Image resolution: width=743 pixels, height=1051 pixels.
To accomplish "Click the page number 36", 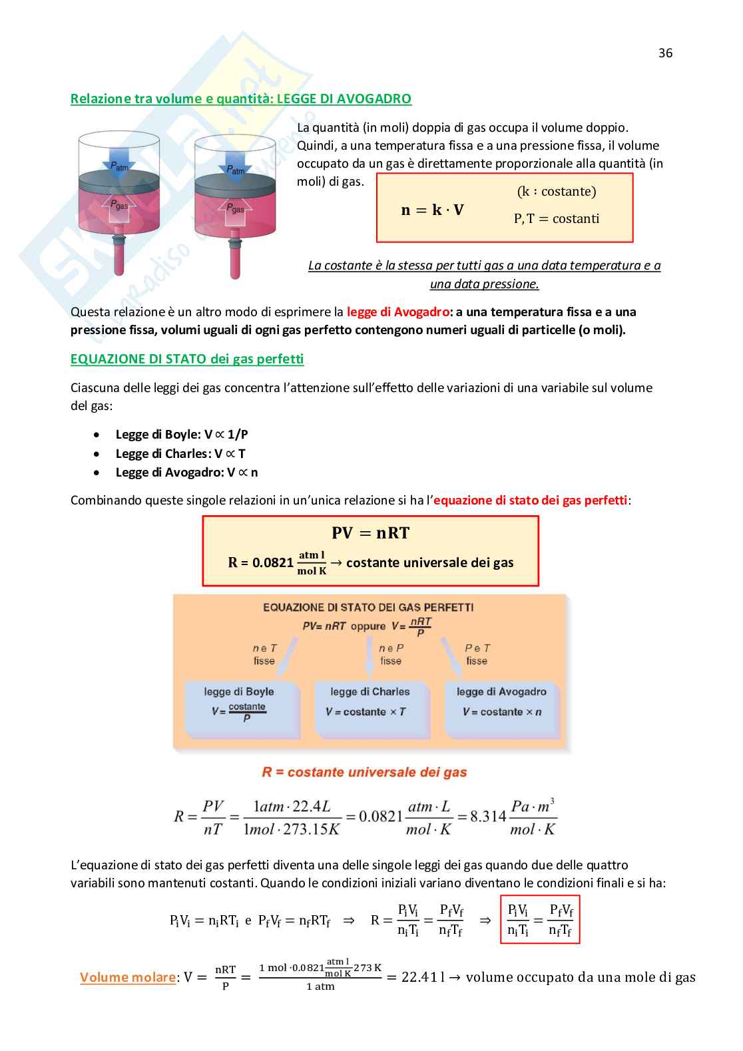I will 665,53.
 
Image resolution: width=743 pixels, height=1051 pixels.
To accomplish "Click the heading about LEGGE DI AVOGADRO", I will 241,99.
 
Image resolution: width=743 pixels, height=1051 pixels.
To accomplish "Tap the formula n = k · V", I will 432,210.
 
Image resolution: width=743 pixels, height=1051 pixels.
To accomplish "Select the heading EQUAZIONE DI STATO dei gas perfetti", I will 187,359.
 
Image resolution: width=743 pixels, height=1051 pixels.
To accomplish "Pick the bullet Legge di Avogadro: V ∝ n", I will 186,472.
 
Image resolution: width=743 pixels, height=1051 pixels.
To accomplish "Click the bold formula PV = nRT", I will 371,532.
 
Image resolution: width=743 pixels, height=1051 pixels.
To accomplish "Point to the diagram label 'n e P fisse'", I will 391,654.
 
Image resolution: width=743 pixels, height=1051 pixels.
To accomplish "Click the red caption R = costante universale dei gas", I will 364,772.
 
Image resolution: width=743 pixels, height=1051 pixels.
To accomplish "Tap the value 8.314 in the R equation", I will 488,817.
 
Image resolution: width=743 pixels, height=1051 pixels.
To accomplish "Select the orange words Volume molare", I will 128,977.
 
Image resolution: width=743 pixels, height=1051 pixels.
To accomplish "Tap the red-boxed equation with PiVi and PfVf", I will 540,920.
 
